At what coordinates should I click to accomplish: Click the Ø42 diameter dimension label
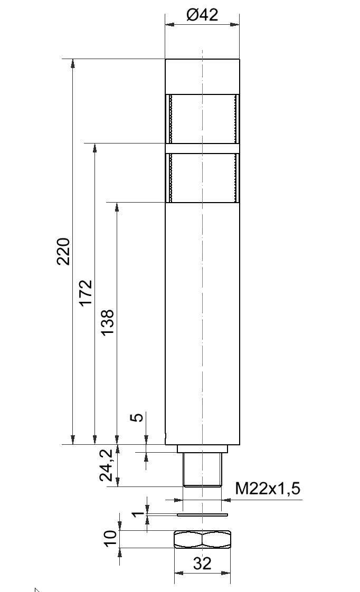pos(202,14)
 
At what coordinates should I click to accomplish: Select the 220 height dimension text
pos(64,251)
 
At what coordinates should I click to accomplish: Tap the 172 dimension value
pos(86,292)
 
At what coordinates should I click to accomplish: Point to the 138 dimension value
pos(108,322)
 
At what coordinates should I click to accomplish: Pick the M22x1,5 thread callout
pos(267,489)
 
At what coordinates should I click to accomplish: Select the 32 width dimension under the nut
pos(202,564)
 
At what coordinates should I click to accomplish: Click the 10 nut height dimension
pos(110,538)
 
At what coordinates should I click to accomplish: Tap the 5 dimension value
pos(136,417)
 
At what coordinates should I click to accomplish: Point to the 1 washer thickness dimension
pos(136,512)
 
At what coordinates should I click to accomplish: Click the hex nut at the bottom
pos(202,539)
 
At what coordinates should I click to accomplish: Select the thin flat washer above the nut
pos(202,514)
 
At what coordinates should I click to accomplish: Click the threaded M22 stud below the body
pos(202,470)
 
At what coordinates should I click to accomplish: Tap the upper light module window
pos(202,119)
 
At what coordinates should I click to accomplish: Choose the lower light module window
pos(202,178)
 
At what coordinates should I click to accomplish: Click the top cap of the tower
pos(202,77)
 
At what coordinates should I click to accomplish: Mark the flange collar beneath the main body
pos(202,448)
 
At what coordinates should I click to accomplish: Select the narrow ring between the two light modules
pos(202,148)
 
